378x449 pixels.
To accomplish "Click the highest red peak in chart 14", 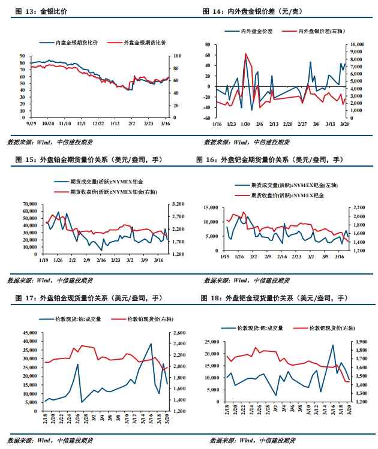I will point(245,54).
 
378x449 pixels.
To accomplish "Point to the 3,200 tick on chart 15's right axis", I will point(177,204).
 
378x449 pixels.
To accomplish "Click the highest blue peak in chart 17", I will point(151,343).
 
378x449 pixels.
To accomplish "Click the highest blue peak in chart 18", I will point(333,345).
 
